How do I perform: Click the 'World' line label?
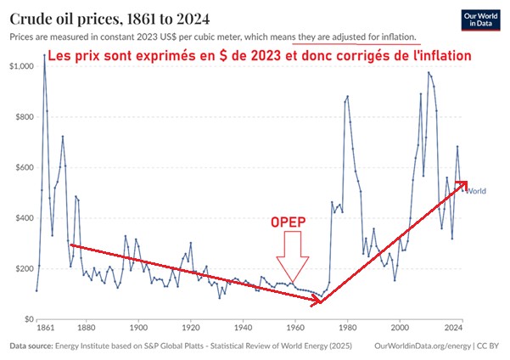click(477, 189)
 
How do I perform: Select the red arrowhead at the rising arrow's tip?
click(462, 183)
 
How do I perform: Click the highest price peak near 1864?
click(44, 56)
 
